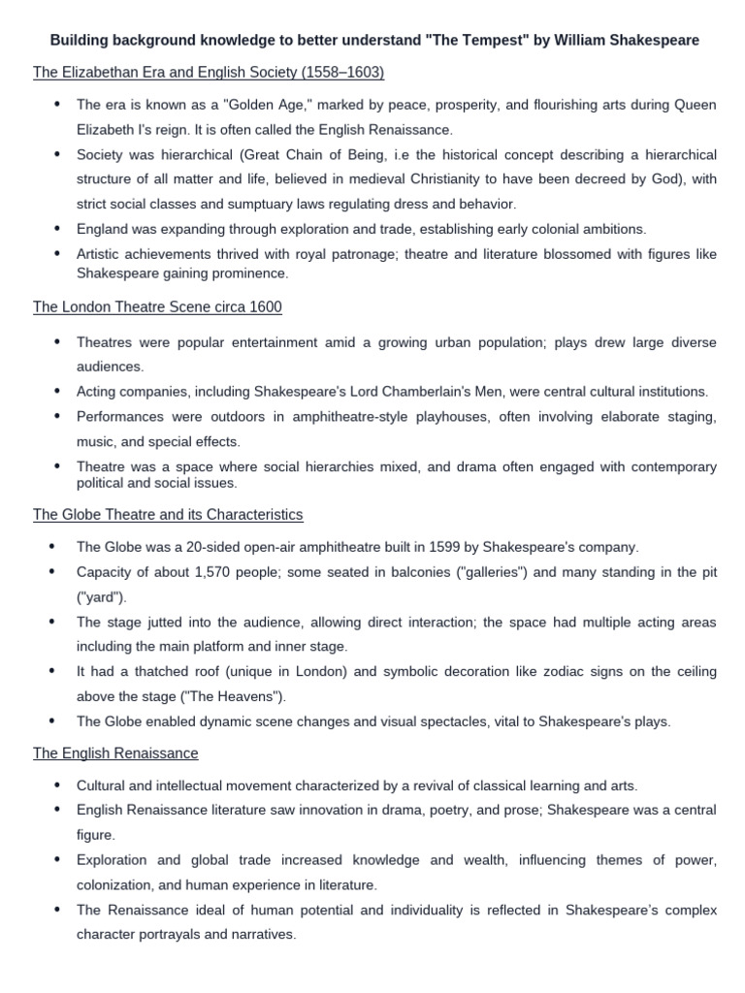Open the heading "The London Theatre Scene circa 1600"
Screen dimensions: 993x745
157,307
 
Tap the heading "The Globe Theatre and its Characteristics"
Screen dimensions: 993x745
168,514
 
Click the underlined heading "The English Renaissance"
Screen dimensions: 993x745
115,753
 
